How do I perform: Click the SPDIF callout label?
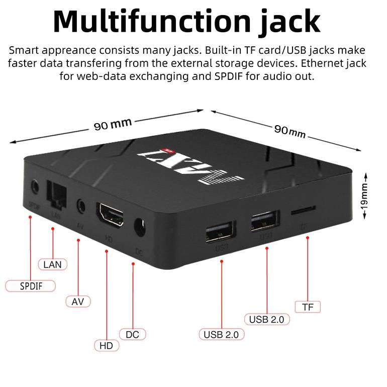coord(30,286)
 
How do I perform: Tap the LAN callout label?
coord(52,264)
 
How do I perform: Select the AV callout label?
coord(78,301)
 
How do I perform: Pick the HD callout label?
coord(107,345)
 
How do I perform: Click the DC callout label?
coord(133,334)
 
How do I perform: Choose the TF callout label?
coord(308,307)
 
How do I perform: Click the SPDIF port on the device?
coord(34,187)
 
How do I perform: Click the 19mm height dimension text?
coord(365,197)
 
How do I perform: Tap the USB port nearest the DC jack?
coord(220,231)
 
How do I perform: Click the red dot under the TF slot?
coord(308,239)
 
